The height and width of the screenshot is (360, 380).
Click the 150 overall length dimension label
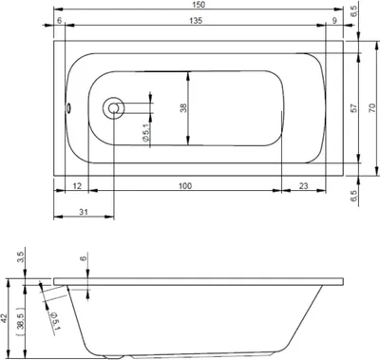199,5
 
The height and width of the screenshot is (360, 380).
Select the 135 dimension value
196,21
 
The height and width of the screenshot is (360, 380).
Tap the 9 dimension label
334,21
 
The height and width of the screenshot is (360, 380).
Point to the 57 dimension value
354,108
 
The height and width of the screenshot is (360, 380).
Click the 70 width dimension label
372,108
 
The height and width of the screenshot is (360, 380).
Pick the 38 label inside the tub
183,108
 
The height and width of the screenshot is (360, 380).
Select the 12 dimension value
77,185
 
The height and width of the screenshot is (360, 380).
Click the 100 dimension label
185,185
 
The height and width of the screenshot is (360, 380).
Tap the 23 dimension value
303,185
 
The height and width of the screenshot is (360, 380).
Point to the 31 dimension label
84,212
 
